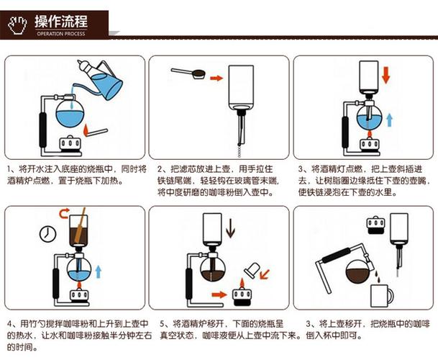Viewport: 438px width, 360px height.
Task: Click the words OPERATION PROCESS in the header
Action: click(60, 33)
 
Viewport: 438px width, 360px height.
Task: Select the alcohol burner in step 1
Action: click(71, 144)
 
